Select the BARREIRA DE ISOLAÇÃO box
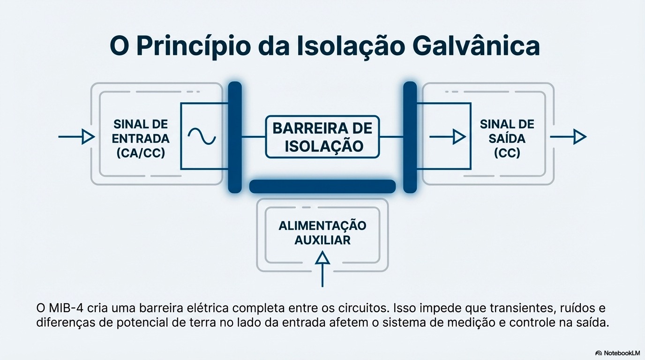click(x=322, y=136)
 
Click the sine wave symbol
click(x=202, y=136)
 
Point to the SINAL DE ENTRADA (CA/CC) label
click(x=141, y=138)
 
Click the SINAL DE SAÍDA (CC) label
click(x=507, y=138)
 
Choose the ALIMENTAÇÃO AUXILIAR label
click(x=322, y=232)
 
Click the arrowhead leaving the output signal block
click(x=580, y=137)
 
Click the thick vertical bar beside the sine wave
click(x=235, y=137)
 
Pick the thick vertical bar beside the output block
click(x=410, y=137)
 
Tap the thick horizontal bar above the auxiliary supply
click(x=322, y=187)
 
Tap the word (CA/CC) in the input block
click(x=141, y=153)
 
